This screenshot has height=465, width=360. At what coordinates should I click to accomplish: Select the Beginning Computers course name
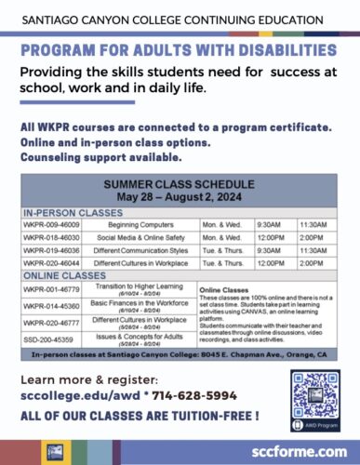[x=140, y=224]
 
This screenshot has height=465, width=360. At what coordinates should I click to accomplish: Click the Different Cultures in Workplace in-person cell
[x=140, y=262]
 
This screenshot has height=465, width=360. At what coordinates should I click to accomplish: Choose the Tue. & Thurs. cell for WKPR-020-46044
[x=222, y=262]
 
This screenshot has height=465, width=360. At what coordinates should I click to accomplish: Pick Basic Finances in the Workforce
[x=141, y=304]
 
